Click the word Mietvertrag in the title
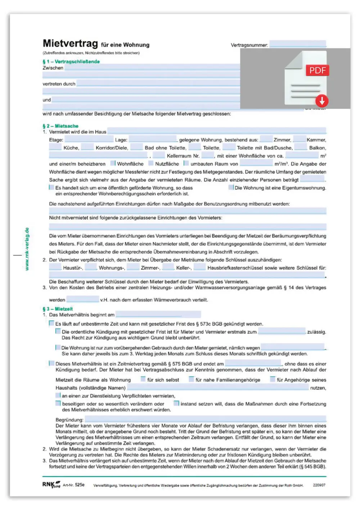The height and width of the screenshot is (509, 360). point(70,44)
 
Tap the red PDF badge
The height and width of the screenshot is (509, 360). point(318,70)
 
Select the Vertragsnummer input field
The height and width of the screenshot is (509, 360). point(298,44)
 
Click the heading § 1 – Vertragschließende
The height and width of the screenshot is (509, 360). point(71,62)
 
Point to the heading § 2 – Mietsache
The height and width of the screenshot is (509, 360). point(60,126)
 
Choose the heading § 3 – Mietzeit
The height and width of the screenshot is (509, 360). point(58,309)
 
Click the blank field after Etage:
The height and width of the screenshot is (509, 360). point(89,139)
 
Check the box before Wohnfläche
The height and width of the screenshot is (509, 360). point(113,163)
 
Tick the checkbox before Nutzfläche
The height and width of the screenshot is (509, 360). point(151,163)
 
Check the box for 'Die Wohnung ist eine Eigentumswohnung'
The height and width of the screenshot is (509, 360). point(231,187)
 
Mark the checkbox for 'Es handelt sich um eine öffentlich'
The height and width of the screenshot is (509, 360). point(51,187)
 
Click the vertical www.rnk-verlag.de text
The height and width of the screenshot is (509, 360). point(27,249)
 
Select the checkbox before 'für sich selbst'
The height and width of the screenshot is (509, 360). point(143,379)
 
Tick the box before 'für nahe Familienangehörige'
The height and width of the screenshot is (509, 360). point(192,379)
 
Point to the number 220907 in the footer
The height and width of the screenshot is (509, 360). point(319,485)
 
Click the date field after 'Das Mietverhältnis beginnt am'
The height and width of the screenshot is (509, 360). point(158,314)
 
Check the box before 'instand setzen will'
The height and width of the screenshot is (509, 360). point(176,403)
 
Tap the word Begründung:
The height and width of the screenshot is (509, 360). point(69,420)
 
